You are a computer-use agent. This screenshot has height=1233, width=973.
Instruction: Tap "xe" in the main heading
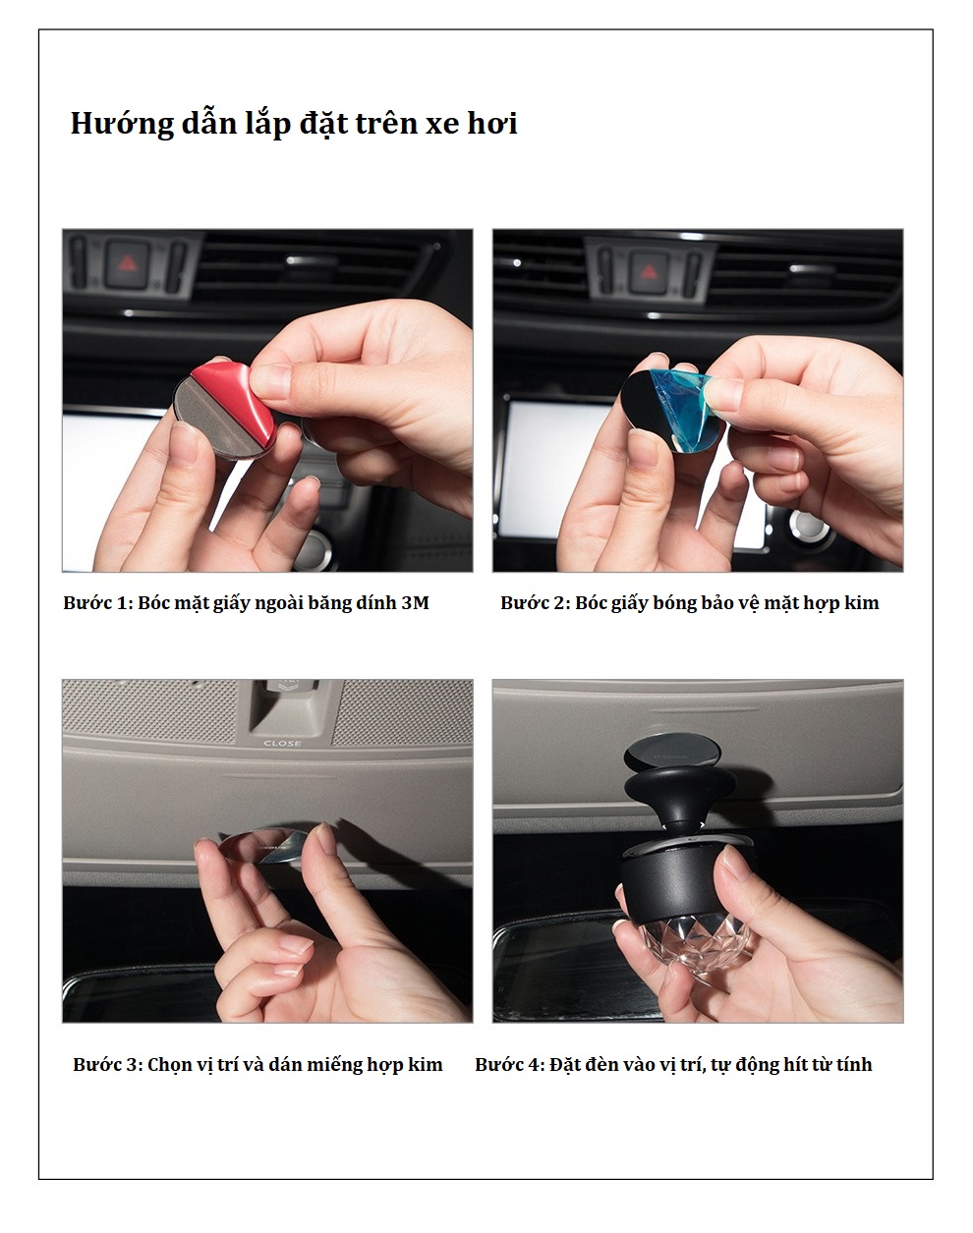442,125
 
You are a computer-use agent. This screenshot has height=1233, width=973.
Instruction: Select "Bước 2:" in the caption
535,603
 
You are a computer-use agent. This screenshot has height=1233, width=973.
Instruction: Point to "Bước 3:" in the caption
107,1065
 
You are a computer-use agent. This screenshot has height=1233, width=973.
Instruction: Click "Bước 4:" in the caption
509,1065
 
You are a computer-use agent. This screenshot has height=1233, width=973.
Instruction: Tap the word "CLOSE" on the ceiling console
282,743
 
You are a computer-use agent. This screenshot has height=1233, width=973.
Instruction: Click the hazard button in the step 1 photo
127,264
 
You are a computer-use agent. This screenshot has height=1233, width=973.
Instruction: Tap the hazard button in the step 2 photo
649,271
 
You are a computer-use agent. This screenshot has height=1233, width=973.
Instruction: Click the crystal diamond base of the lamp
682,937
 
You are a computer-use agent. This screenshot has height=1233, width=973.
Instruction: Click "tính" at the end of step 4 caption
854,1065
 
